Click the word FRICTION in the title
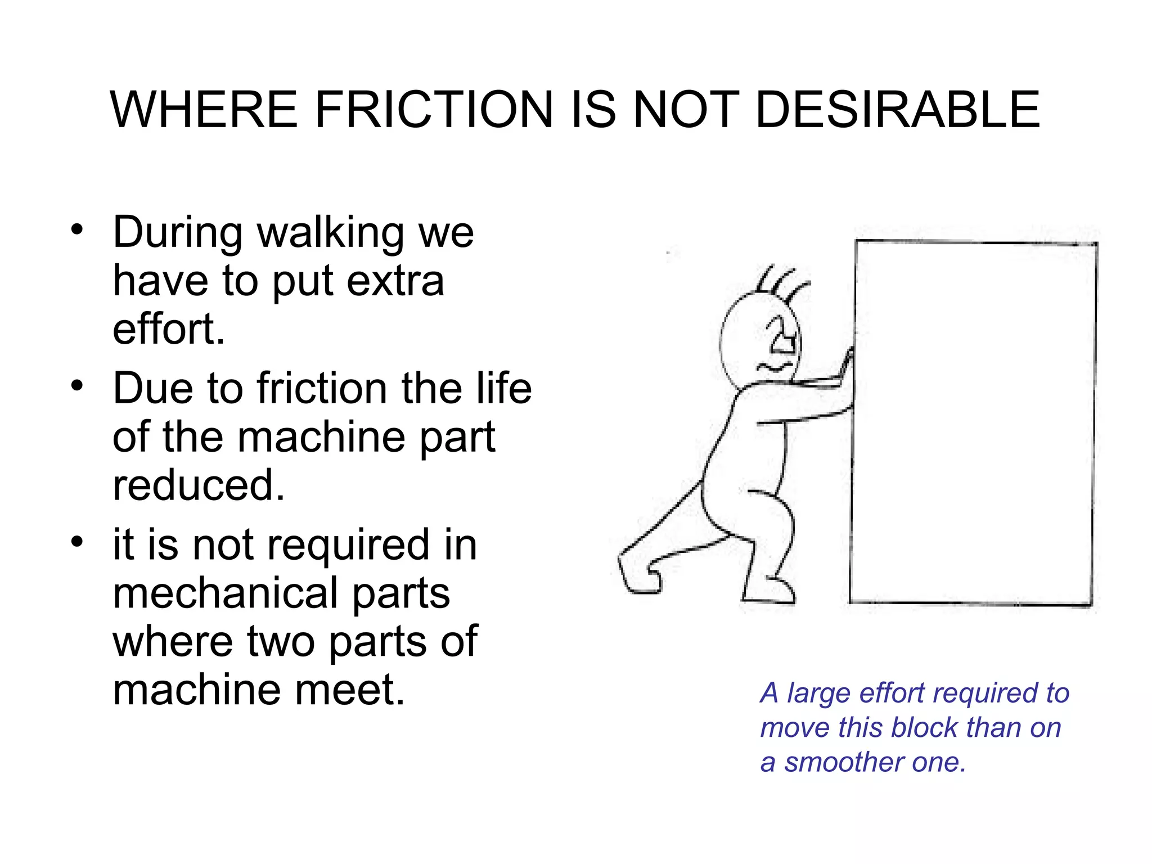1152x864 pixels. [433, 110]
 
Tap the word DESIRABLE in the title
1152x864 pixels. [898, 110]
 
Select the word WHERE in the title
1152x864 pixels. [204, 110]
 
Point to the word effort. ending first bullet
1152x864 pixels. [169, 329]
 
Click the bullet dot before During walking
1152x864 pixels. [77, 230]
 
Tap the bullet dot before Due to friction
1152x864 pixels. [77, 386]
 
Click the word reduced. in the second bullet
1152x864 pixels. [199, 485]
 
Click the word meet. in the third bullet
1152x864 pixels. [349, 690]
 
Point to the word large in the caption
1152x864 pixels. [818, 693]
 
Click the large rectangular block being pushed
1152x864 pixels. [973, 422]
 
